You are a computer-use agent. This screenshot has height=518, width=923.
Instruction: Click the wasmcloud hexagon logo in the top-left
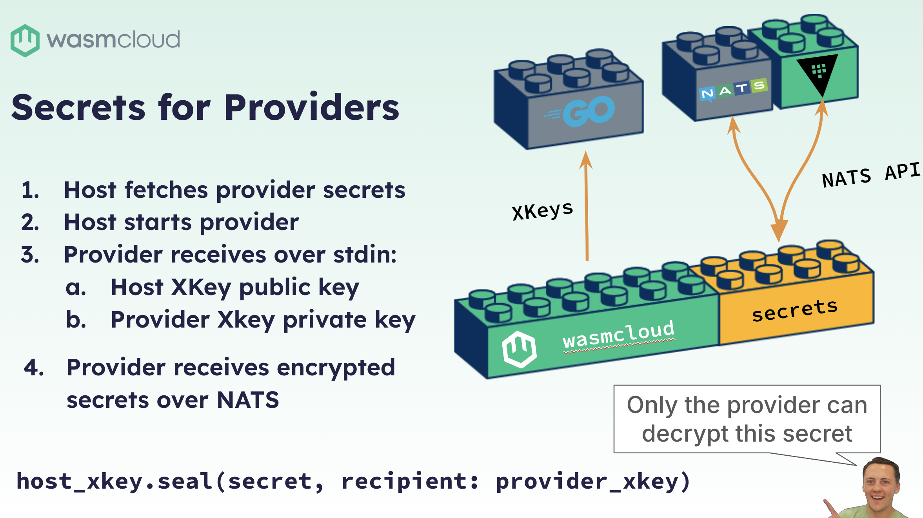[25, 40]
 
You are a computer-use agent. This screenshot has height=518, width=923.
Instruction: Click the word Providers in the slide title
[312, 108]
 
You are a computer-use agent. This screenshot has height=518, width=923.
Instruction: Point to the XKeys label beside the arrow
[542, 211]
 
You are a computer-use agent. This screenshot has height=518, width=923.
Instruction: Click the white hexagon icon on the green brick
[519, 349]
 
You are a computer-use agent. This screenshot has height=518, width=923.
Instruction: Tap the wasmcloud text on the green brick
[618, 335]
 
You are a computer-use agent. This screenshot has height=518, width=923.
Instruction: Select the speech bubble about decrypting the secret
[747, 419]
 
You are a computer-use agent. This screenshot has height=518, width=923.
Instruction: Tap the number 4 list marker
[33, 368]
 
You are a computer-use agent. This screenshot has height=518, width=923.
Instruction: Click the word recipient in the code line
[409, 482]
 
